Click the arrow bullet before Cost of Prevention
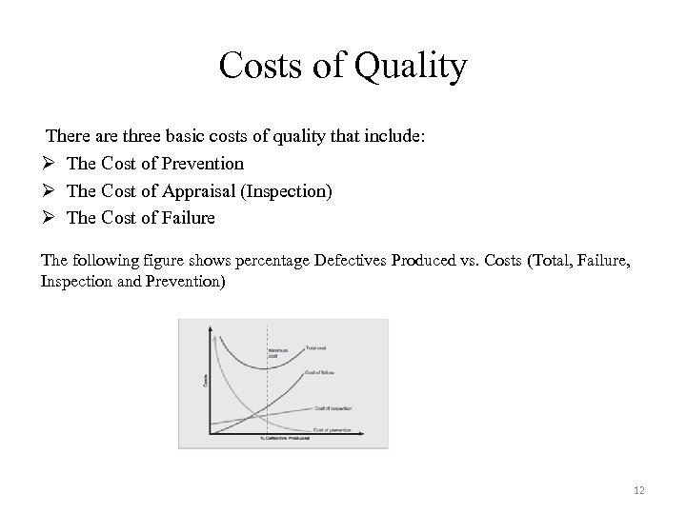tap(49, 164)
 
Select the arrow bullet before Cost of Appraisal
tap(49, 191)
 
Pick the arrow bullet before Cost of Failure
tap(49, 218)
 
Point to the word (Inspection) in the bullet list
tap(288, 191)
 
